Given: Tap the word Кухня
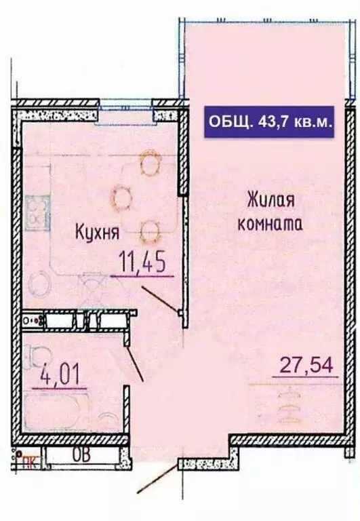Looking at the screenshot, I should pyautogui.click(x=97, y=233).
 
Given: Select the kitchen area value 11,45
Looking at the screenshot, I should pyautogui.click(x=142, y=261).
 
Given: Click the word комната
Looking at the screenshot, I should pyautogui.click(x=270, y=223).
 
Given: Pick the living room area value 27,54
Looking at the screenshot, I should pyautogui.click(x=307, y=367).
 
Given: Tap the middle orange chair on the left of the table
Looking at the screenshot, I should pyautogui.click(x=122, y=197).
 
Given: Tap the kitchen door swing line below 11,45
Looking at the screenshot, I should pyautogui.click(x=160, y=298).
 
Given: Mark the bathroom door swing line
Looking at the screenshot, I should pyautogui.click(x=136, y=362).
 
